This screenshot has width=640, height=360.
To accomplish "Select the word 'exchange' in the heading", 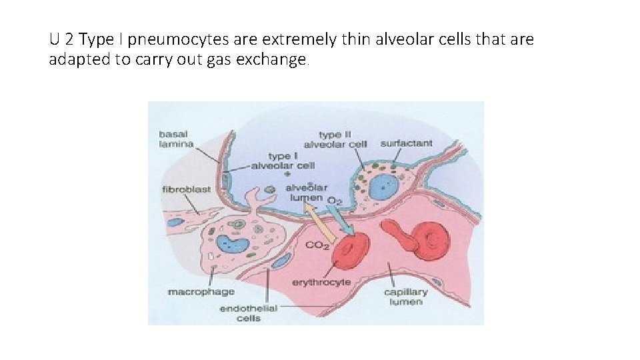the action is (x=275, y=60).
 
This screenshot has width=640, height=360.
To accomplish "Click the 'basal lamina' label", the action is (x=176, y=139).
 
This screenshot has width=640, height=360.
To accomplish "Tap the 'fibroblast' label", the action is (x=186, y=189).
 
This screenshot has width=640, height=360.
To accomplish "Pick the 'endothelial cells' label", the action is (x=248, y=313).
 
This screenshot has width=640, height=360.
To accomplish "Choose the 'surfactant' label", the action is (x=406, y=143).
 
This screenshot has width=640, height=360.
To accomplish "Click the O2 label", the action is (x=335, y=200).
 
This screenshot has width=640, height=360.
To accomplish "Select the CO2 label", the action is (x=317, y=245).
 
